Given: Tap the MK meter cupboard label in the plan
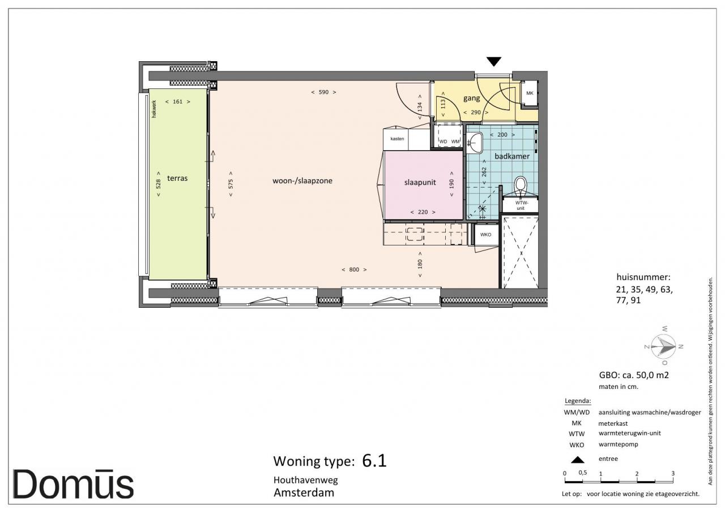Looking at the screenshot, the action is pyautogui.click(x=530, y=94).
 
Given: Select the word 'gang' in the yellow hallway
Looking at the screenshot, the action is pyautogui.click(x=472, y=98).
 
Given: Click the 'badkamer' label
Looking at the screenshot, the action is pyautogui.click(x=512, y=156).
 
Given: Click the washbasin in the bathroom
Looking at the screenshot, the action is pyautogui.click(x=475, y=143).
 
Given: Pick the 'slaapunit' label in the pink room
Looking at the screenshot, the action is pyautogui.click(x=420, y=183).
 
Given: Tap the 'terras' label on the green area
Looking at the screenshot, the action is pyautogui.click(x=177, y=178).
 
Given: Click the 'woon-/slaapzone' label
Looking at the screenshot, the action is pyautogui.click(x=302, y=181).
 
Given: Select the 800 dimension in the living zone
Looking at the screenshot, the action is pyautogui.click(x=354, y=269).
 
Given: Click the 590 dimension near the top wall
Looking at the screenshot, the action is pyautogui.click(x=323, y=92).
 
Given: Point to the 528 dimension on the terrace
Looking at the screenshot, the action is pyautogui.click(x=158, y=184).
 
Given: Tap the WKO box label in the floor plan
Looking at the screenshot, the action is pyautogui.click(x=485, y=235).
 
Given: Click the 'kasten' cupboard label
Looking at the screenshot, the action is pyautogui.click(x=397, y=139).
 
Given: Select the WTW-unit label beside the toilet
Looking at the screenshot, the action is pyautogui.click(x=521, y=206).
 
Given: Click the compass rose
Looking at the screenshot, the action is pyautogui.click(x=663, y=346).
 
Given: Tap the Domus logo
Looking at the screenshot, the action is pyautogui.click(x=73, y=485).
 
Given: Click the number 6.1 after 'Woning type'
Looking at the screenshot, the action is pyautogui.click(x=374, y=461).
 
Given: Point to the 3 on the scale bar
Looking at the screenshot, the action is pyautogui.click(x=673, y=473).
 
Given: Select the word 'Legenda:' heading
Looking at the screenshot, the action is pyautogui.click(x=578, y=401).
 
